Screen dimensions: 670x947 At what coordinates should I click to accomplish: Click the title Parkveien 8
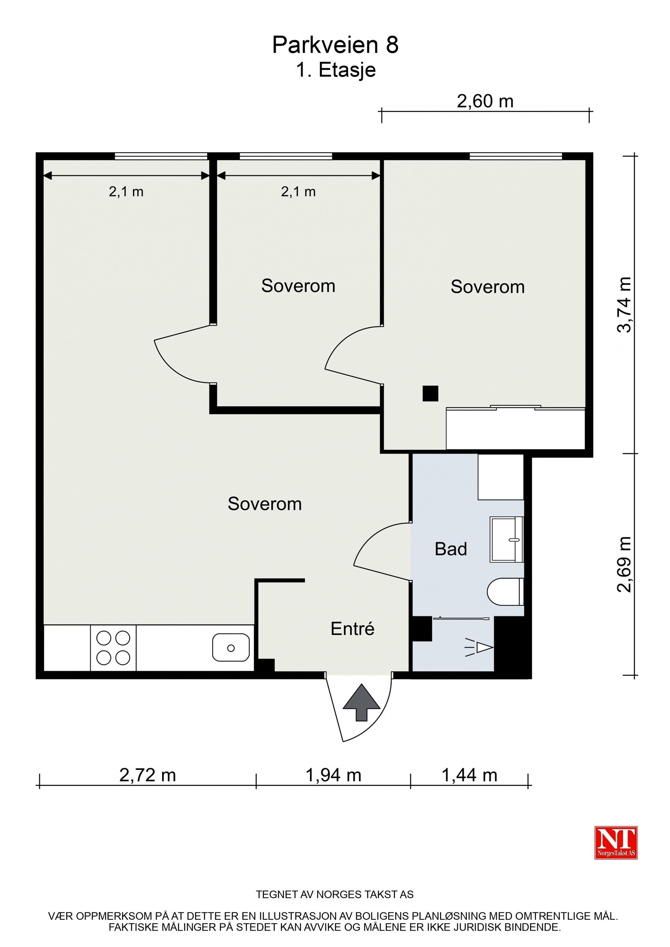click(x=335, y=45)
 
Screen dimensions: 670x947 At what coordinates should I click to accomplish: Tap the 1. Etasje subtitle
click(x=336, y=70)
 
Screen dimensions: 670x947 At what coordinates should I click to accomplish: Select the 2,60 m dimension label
click(x=485, y=101)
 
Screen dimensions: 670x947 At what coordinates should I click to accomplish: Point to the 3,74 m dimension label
click(x=624, y=304)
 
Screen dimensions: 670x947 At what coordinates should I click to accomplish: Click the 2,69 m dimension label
click(x=624, y=564)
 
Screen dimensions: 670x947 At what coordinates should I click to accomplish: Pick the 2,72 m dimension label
click(x=147, y=775)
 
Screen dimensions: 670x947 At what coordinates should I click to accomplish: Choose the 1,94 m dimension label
click(x=333, y=775)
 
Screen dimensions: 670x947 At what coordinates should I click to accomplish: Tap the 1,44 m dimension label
click(x=469, y=775)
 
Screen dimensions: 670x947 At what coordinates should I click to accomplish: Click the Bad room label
click(x=451, y=549)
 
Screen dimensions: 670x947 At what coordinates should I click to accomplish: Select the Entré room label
click(x=353, y=629)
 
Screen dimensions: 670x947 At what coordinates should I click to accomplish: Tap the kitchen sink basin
click(x=231, y=647)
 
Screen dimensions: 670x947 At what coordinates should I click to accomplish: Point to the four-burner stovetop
click(x=113, y=648)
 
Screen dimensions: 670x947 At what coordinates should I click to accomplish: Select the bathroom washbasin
click(x=507, y=539)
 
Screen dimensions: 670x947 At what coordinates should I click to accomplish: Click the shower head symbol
click(x=479, y=647)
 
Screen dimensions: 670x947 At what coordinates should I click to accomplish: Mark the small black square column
click(x=430, y=393)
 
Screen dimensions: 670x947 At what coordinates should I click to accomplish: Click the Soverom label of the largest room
click(x=265, y=504)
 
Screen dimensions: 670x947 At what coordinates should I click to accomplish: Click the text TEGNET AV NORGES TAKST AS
click(x=335, y=895)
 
